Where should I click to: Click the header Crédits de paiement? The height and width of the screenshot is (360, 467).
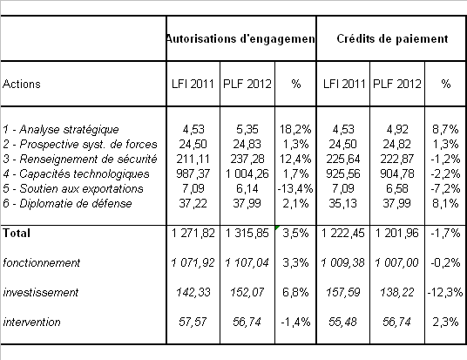coord(392,38)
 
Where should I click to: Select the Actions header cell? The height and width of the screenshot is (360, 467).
coord(22,84)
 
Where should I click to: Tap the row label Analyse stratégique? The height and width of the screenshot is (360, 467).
coord(69,130)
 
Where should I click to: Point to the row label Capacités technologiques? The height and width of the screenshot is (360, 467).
coord(85,174)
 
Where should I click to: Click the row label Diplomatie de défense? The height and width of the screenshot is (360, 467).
coord(76,204)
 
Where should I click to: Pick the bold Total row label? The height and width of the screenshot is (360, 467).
coord(17,233)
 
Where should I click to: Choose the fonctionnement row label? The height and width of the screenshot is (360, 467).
coord(42,263)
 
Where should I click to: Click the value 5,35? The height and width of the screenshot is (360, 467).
coord(247,130)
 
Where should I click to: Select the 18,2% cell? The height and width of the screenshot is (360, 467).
coord(295,130)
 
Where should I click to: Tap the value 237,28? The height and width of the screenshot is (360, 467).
coord(247,160)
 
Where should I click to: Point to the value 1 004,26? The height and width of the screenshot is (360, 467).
coord(247,174)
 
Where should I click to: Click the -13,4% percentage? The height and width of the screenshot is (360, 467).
coord(295,189)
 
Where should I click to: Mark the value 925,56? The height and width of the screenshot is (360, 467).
coord(343,174)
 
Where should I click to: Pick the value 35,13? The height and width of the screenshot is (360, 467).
coord(343,204)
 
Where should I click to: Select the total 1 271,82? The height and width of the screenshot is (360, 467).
coord(193,233)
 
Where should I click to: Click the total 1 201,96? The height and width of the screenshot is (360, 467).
coord(397,233)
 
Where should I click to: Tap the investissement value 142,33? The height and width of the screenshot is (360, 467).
coord(193,292)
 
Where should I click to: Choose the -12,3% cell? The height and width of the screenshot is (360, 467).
coord(445,292)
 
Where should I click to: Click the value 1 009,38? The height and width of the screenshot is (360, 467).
coord(342,263)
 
